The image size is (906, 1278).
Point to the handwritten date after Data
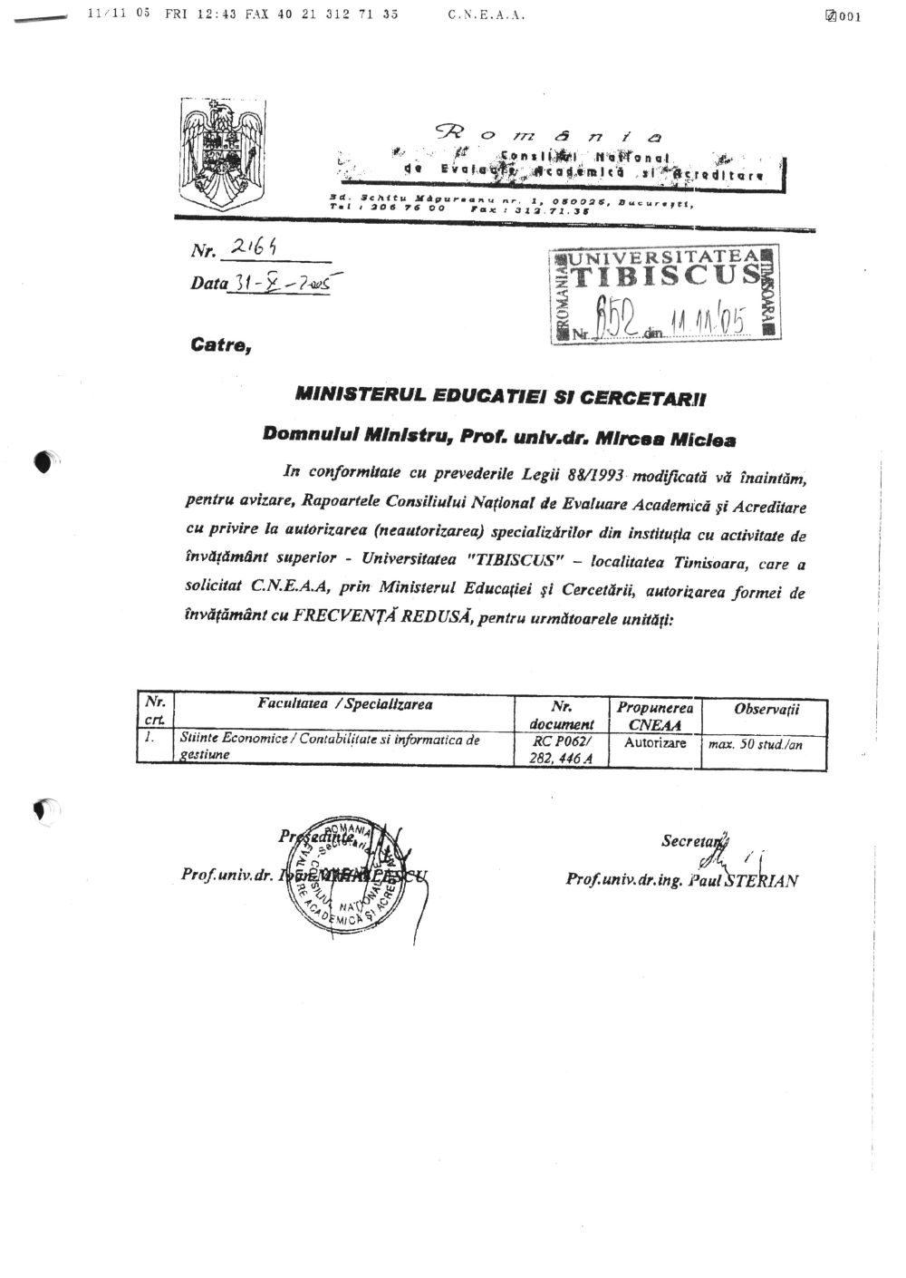[286, 283]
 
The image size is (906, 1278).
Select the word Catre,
[220, 344]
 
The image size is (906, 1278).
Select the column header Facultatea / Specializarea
[344, 704]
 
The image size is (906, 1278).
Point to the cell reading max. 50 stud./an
[767, 745]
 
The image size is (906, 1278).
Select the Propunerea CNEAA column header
[655, 714]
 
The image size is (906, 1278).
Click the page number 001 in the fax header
[849, 15]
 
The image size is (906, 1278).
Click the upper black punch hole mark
[44, 462]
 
